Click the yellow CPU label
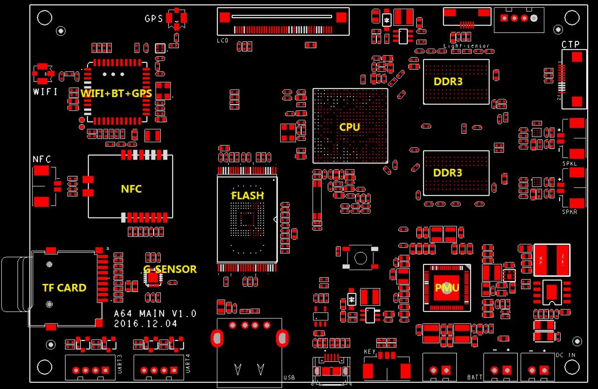pyautogui.click(x=349, y=127)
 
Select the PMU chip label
pyautogui.click(x=447, y=287)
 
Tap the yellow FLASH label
pyautogui.click(x=248, y=196)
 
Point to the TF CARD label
pyautogui.click(x=64, y=288)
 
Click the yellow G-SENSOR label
pyautogui.click(x=170, y=269)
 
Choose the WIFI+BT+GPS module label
pyautogui.click(x=117, y=93)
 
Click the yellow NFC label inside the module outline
pyautogui.click(x=131, y=189)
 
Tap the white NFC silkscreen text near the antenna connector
pyautogui.click(x=42, y=160)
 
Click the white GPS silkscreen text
pyautogui.click(x=154, y=19)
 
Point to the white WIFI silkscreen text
pyautogui.click(x=45, y=92)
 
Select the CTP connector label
pyautogui.click(x=570, y=44)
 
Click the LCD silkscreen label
pyautogui.click(x=222, y=41)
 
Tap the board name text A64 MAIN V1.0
pyautogui.click(x=155, y=314)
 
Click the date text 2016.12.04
pyautogui.click(x=145, y=324)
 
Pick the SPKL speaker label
pyautogui.click(x=570, y=164)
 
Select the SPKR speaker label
pyautogui.click(x=570, y=212)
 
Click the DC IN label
pyautogui.click(x=565, y=355)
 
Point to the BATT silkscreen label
pyautogui.click(x=474, y=377)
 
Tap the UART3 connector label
pyautogui.click(x=120, y=364)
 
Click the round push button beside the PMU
pyautogui.click(x=360, y=258)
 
